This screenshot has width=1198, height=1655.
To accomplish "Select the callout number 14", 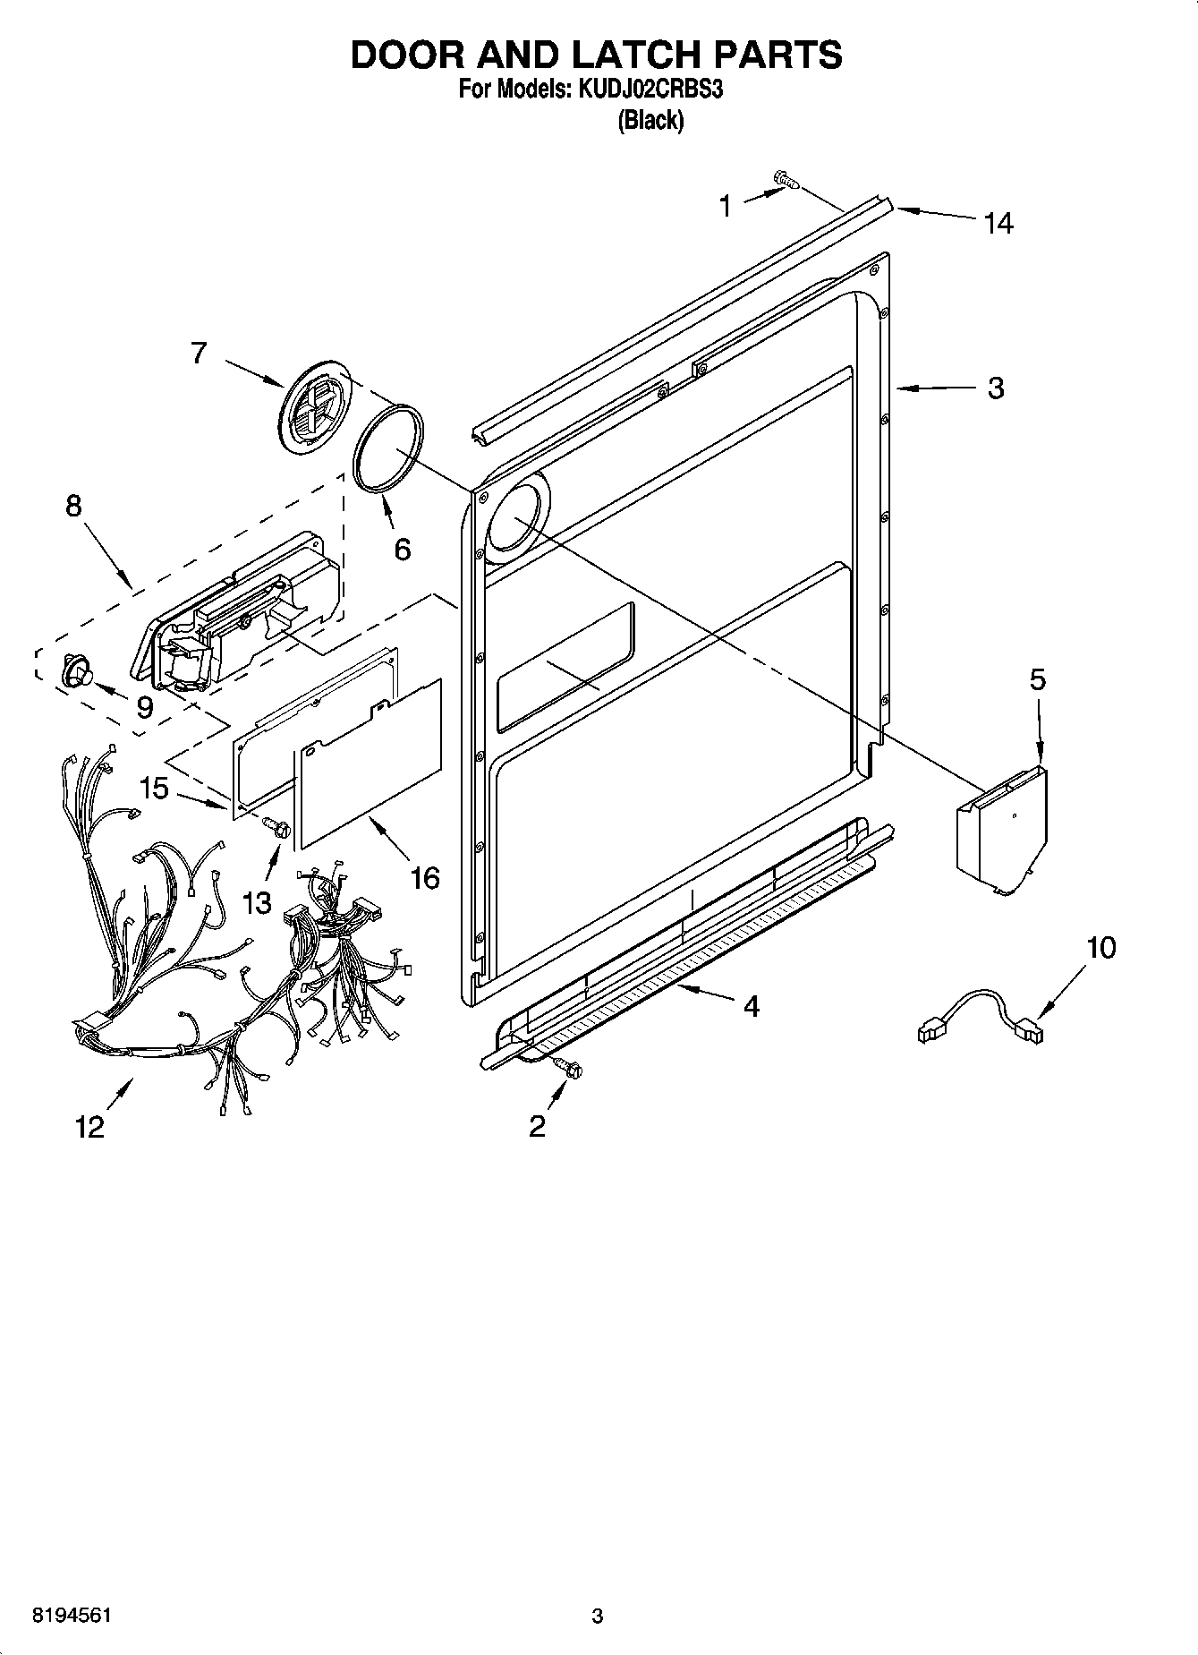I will [998, 223].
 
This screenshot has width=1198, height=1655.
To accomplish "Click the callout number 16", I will [425, 878].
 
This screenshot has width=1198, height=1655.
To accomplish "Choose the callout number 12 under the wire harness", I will [89, 1126].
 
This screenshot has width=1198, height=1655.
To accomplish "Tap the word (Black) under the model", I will [650, 121].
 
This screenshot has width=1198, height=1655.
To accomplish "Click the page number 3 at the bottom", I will [598, 1617].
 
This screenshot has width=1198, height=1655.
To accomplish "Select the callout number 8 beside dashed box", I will [73, 506].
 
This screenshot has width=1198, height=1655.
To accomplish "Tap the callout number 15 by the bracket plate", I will [154, 788].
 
